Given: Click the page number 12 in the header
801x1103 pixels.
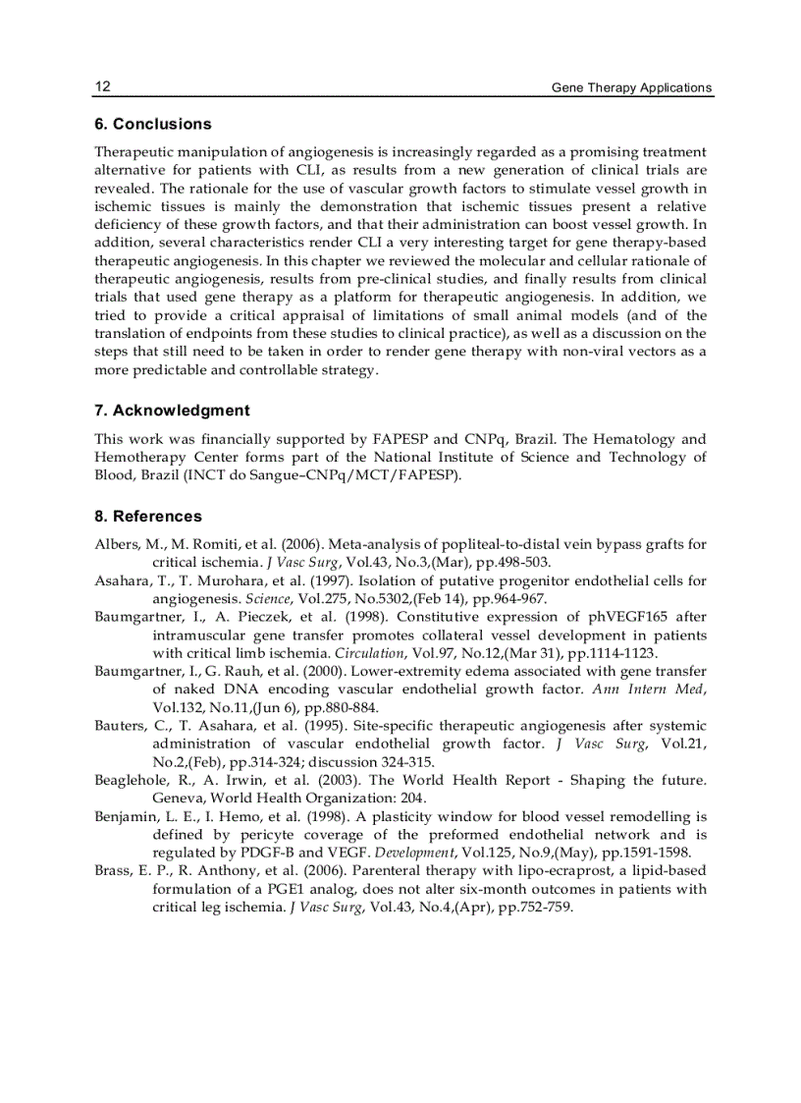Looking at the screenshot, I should pyautogui.click(x=102, y=86).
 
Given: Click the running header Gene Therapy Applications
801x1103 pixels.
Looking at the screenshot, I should pyautogui.click(x=630, y=87).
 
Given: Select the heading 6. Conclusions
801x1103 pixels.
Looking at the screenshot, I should pyautogui.click(x=152, y=124).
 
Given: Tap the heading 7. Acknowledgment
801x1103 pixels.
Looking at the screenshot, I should pyautogui.click(x=172, y=411).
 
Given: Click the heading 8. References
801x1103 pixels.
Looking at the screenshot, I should pyautogui.click(x=148, y=516).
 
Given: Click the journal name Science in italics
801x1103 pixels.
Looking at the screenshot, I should pyautogui.click(x=268, y=598).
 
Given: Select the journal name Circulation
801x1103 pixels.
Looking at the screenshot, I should pyautogui.click(x=369, y=653).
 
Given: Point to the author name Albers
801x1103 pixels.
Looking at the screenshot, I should pyautogui.click(x=116, y=544).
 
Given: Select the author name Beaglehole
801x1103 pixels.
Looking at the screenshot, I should pyautogui.click(x=130, y=780).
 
